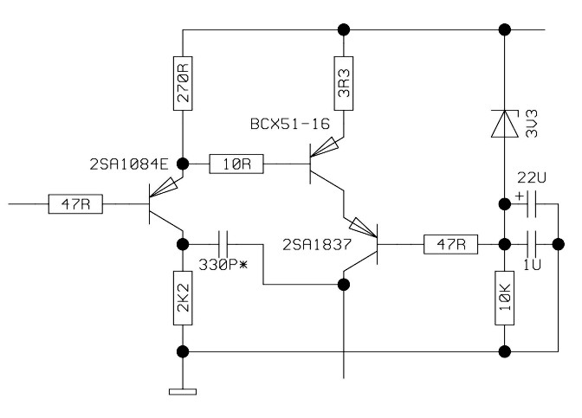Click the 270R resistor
(184, 83)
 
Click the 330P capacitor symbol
(224, 243)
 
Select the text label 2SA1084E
(129, 164)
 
